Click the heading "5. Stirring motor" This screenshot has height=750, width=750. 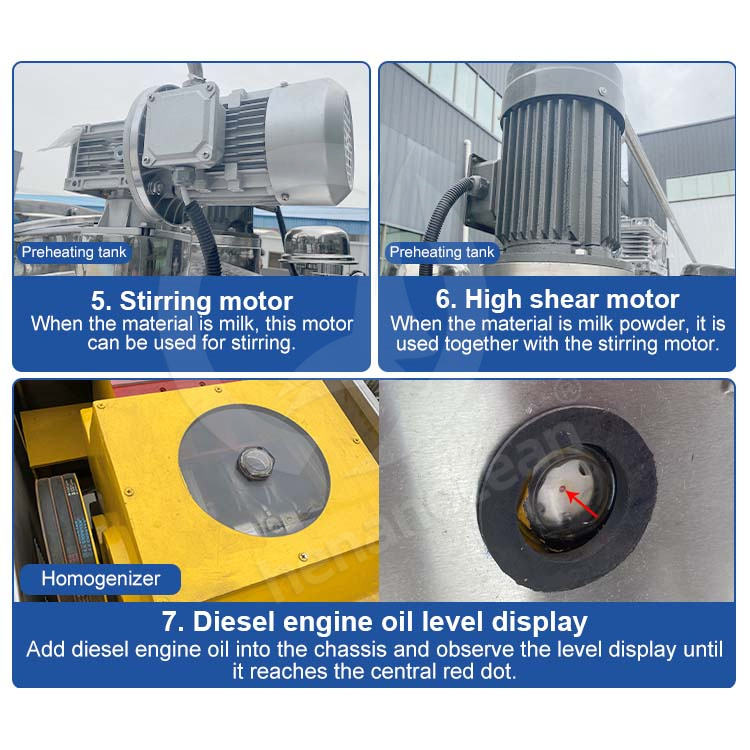tap(192, 301)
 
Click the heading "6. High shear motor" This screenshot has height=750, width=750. tap(557, 299)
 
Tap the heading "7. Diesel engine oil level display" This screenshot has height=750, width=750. tap(375, 622)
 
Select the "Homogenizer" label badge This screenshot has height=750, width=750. tap(100, 579)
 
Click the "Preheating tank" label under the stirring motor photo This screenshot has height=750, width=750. tap(74, 252)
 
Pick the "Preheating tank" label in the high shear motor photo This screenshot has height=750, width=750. tap(441, 252)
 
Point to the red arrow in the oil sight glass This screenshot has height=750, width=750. tap(582, 503)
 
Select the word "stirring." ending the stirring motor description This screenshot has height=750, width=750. tap(263, 343)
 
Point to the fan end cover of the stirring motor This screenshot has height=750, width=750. tap(308, 142)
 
